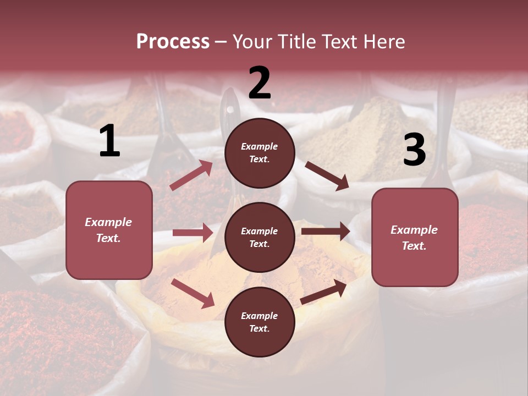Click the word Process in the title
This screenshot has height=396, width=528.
pos(173,42)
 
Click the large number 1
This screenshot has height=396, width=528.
pos(109,141)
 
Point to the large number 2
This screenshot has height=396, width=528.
pos(260,83)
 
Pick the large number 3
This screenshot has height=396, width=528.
pos(414,150)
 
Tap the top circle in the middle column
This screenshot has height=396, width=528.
pos(260,153)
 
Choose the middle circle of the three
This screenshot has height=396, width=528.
pos(260,237)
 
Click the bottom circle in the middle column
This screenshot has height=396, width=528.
pos(260,322)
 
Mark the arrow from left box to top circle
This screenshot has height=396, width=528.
pos(191,175)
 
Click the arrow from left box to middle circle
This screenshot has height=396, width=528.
pos(193,233)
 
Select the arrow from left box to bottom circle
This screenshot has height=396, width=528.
pos(193,293)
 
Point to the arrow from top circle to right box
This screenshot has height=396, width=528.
pos(327,175)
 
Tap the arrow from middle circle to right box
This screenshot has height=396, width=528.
pos(326,231)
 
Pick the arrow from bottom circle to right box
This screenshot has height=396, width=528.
pos(323,292)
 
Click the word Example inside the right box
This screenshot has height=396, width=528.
pos(414,230)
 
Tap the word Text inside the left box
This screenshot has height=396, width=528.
pos(108,238)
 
